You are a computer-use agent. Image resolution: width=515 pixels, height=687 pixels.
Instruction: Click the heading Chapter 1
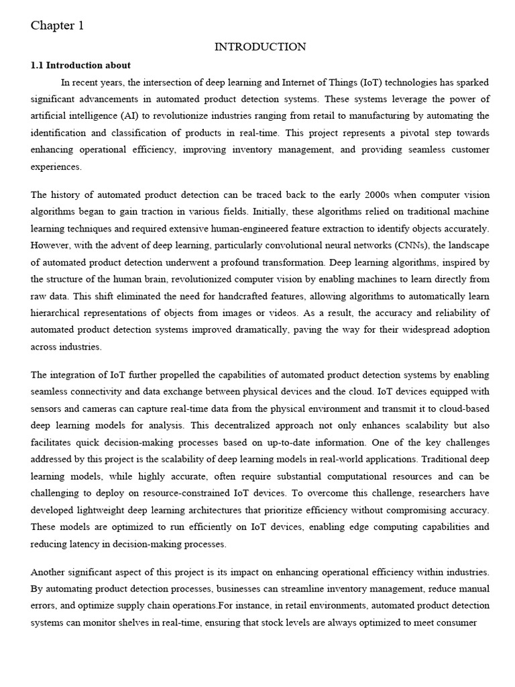click(x=57, y=26)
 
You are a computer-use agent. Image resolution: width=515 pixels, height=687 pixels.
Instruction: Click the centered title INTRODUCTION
click(x=260, y=47)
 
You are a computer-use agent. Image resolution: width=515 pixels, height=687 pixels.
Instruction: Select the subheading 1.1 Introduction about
click(x=80, y=65)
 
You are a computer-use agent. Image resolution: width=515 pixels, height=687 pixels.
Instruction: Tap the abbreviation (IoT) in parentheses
click(x=375, y=83)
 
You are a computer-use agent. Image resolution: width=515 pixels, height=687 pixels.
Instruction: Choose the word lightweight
click(x=103, y=511)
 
